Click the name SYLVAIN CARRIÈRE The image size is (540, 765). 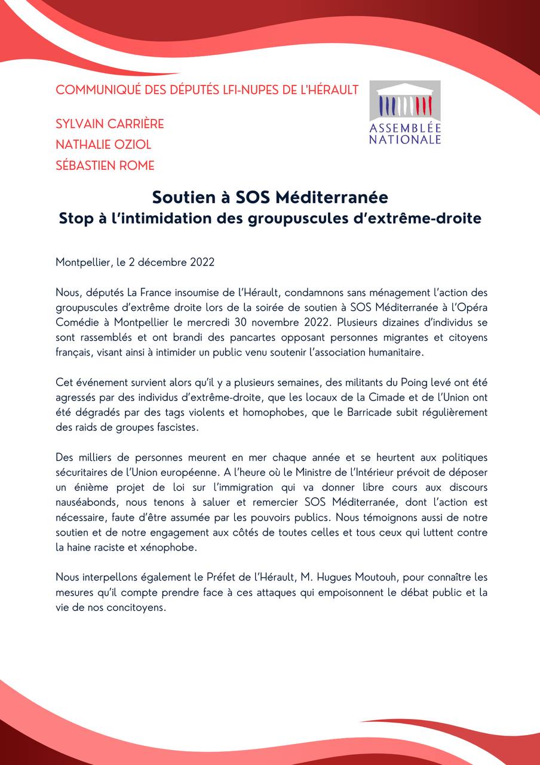(109, 124)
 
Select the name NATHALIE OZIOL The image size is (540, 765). (103, 145)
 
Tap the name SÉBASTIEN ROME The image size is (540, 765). (105, 165)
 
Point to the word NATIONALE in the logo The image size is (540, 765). (404, 139)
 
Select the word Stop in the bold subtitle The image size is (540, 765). (75, 218)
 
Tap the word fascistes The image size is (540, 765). (189, 427)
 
